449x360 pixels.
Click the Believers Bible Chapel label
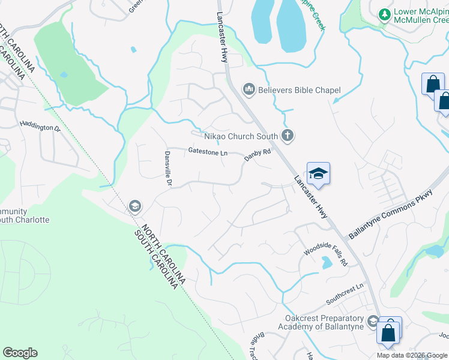[x=299, y=90]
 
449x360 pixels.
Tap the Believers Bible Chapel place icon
[x=249, y=90]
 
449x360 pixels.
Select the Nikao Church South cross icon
[x=288, y=136]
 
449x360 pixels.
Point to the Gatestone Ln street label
[x=208, y=153]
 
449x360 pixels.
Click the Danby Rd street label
[x=258, y=156]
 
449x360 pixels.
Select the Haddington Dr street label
[x=41, y=127]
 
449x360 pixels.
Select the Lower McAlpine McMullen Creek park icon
[x=384, y=13]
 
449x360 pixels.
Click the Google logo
[x=20, y=353]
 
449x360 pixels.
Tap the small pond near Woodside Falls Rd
[x=326, y=262]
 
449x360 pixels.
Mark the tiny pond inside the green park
[x=64, y=75]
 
